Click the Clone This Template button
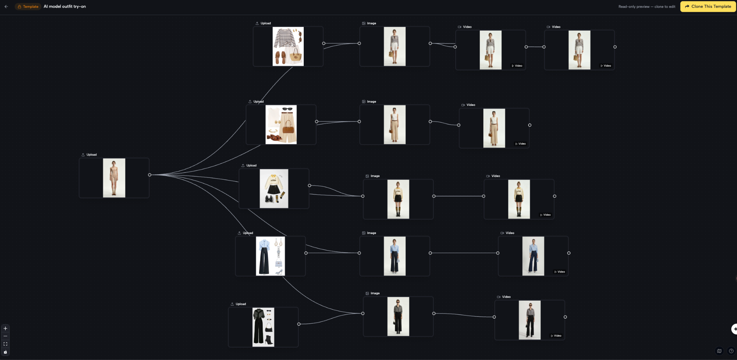point(708,6)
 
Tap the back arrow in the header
point(6,6)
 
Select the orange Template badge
point(28,6)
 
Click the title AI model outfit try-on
point(65,6)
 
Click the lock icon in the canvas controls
point(5,352)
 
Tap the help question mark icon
point(731,351)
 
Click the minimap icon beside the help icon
point(719,351)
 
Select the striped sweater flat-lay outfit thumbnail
point(288,46)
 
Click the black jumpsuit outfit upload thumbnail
point(263,327)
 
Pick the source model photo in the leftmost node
point(114,178)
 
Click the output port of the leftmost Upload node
point(150,175)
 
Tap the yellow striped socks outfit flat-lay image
point(274,189)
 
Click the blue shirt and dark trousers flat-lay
point(270,256)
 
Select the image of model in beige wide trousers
point(395,125)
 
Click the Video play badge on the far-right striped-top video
point(606,66)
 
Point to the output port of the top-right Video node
point(615,47)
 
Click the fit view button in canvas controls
point(5,344)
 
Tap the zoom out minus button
point(5,336)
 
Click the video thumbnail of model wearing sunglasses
point(530,320)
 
